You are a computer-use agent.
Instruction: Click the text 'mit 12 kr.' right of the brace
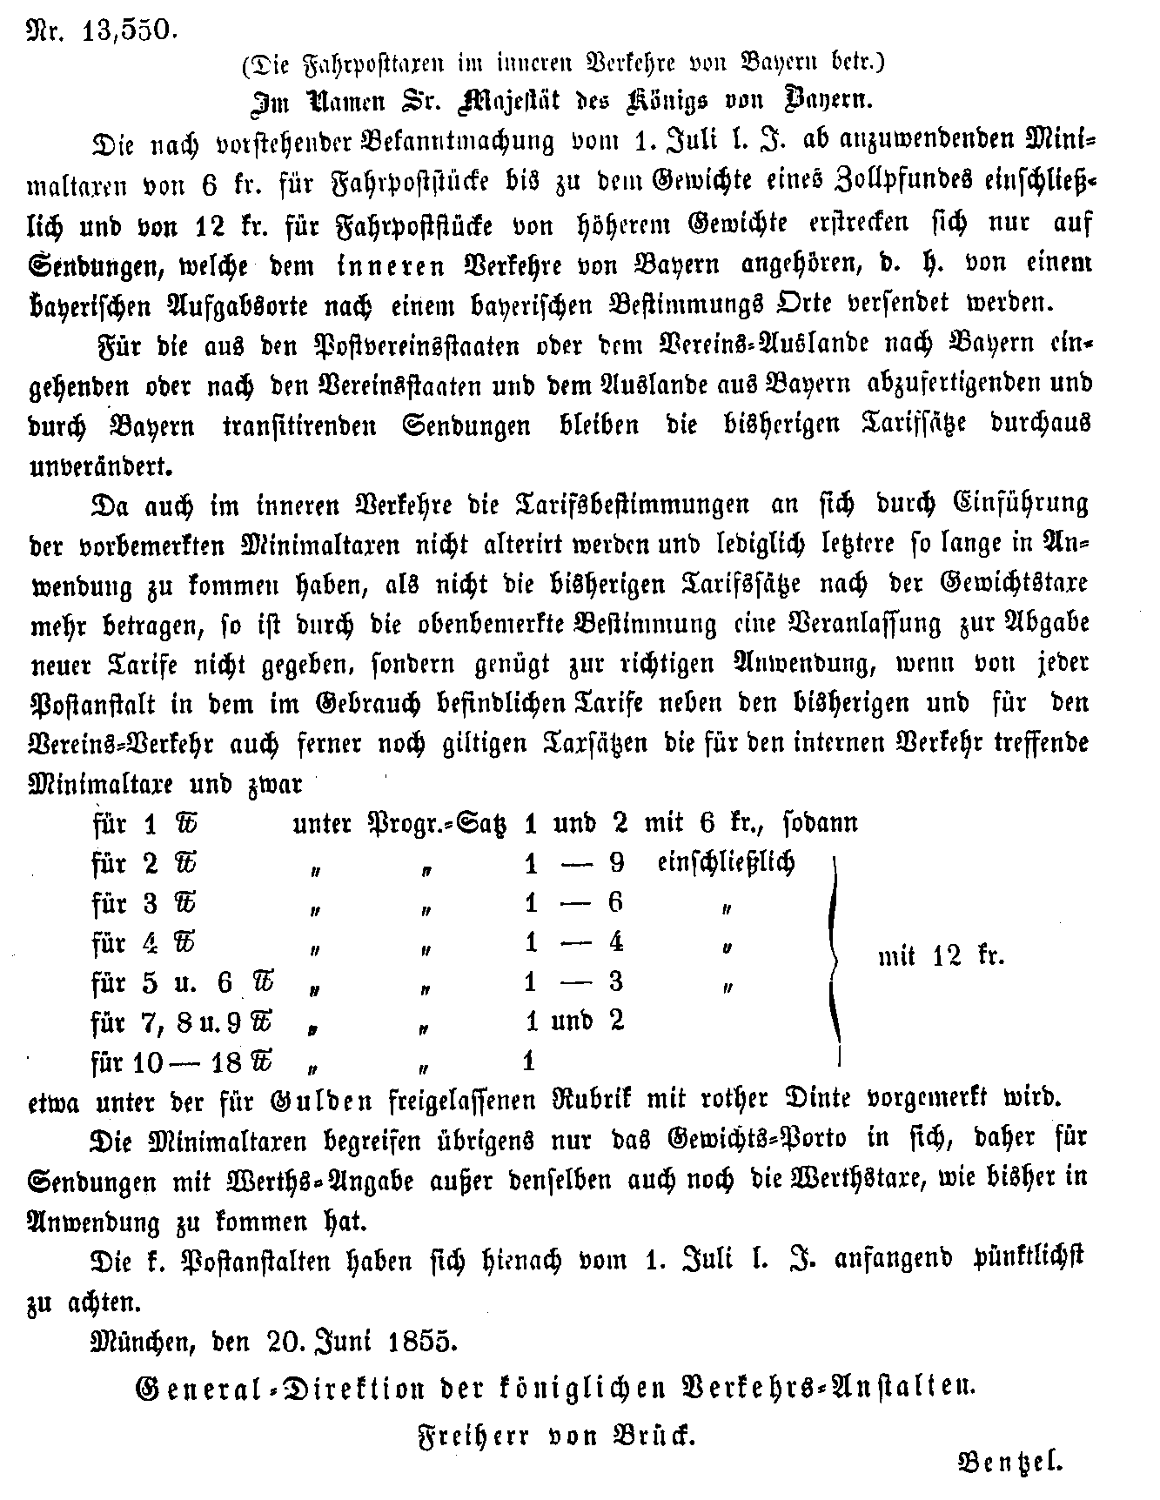[941, 957]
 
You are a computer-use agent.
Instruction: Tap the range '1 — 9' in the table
[574, 863]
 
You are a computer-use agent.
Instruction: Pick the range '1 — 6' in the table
[574, 903]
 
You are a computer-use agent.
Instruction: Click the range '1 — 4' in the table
[574, 942]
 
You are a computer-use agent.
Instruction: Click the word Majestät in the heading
[522, 98]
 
